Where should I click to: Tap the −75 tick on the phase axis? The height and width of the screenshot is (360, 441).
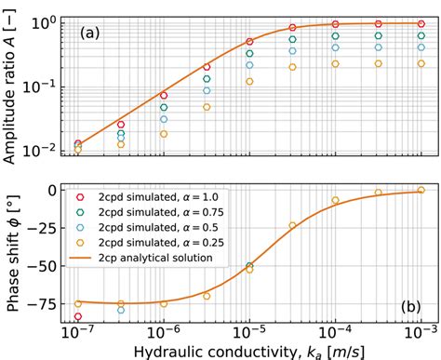tap(48, 303)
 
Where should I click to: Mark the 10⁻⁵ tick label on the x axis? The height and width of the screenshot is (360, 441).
tap(248, 330)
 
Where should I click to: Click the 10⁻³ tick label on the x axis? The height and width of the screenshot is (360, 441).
tap(420, 330)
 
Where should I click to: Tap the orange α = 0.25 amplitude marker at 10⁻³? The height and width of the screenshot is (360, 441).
tap(421, 63)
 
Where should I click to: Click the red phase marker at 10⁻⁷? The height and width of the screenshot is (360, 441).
tap(78, 316)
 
